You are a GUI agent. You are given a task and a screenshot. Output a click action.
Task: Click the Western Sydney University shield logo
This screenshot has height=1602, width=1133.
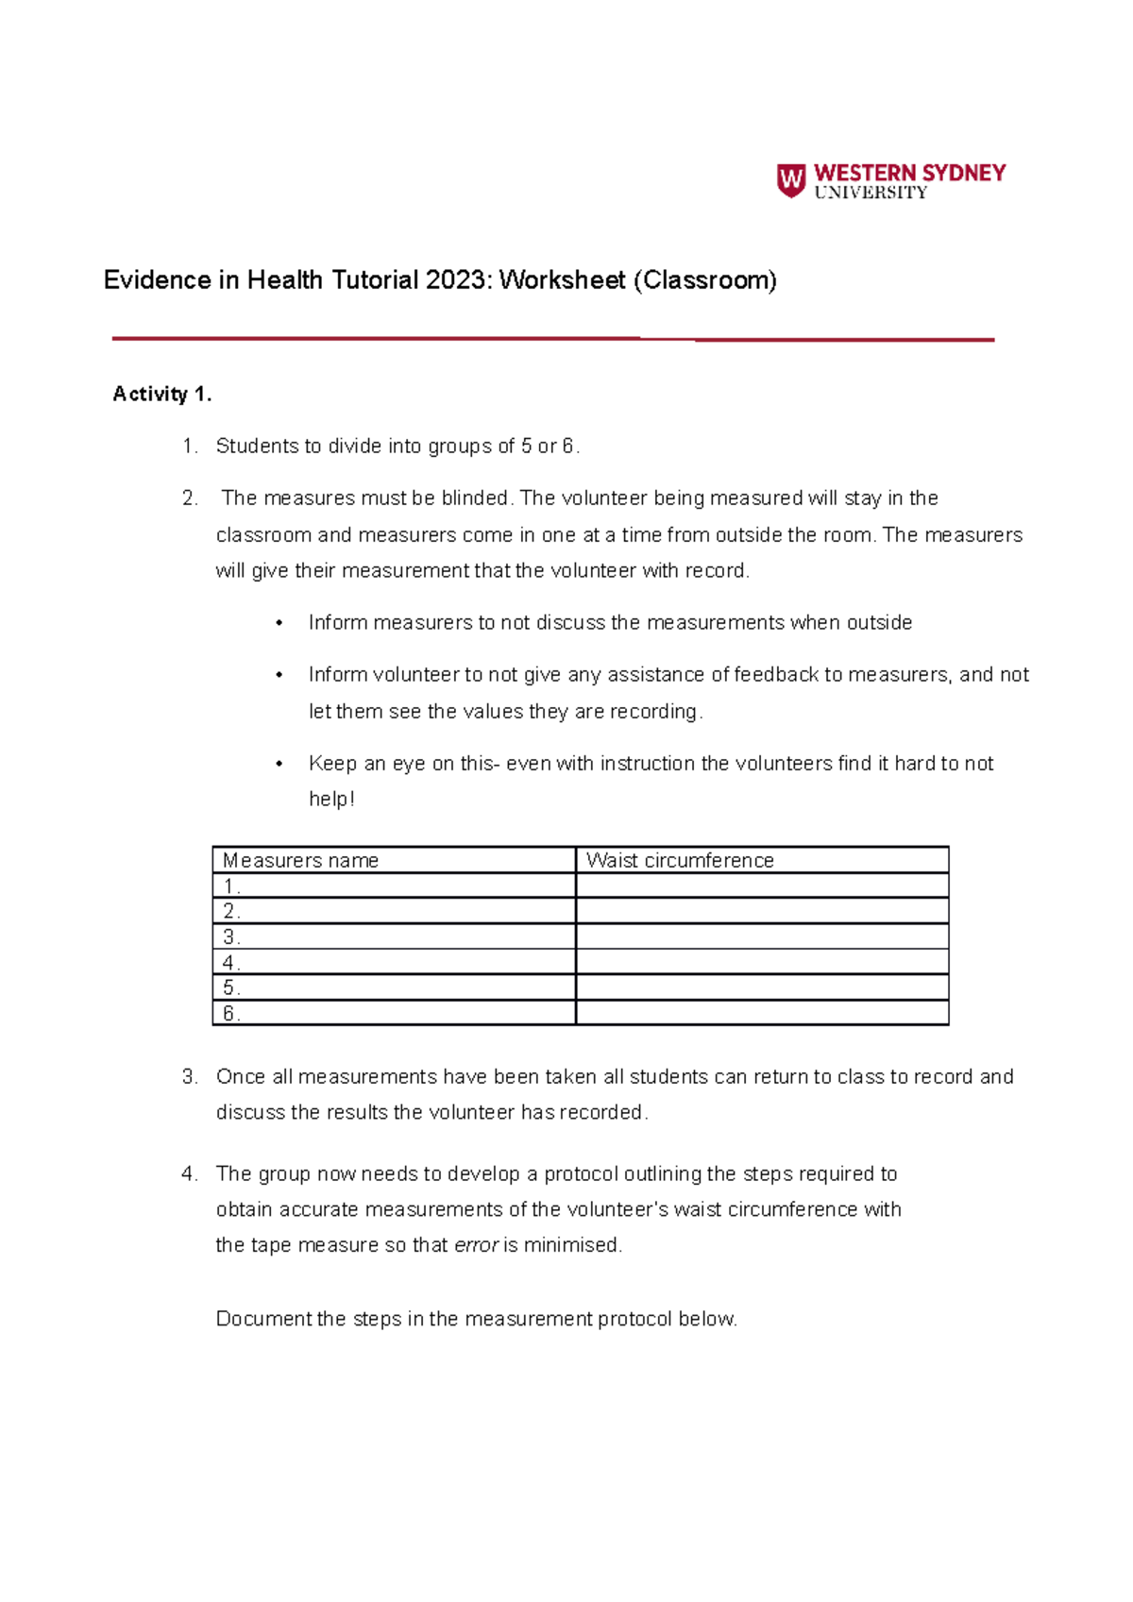(x=790, y=179)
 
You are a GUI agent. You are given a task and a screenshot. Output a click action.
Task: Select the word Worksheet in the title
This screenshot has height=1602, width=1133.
(x=562, y=280)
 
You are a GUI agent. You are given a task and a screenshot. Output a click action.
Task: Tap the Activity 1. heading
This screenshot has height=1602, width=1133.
(x=162, y=395)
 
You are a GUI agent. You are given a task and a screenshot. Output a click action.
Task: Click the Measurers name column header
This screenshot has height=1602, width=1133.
(x=300, y=860)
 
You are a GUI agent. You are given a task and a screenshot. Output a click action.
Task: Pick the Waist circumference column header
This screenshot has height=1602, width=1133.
(x=680, y=860)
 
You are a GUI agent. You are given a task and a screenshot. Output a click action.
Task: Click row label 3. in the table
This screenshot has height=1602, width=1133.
(x=231, y=936)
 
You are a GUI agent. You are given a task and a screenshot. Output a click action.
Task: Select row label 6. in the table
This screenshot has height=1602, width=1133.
(x=231, y=1013)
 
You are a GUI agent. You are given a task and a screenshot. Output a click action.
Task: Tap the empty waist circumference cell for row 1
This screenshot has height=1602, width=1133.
(x=761, y=885)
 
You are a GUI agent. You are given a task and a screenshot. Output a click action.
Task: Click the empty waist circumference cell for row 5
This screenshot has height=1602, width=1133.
(x=761, y=987)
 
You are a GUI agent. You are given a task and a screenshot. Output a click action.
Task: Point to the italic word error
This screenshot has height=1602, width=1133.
(x=476, y=1245)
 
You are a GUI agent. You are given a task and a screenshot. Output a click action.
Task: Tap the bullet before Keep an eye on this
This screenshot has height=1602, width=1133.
(x=279, y=764)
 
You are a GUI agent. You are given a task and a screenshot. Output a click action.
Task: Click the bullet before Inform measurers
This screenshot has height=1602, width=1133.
(x=279, y=623)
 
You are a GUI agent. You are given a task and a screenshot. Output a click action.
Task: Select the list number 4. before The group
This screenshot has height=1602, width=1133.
(x=190, y=1174)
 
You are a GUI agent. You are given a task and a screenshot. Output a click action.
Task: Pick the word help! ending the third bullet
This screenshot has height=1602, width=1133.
(x=331, y=800)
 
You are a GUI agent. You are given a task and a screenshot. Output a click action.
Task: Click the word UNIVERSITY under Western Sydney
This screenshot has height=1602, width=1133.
(x=871, y=193)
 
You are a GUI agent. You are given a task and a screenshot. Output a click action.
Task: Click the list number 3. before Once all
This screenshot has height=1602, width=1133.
(x=190, y=1077)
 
